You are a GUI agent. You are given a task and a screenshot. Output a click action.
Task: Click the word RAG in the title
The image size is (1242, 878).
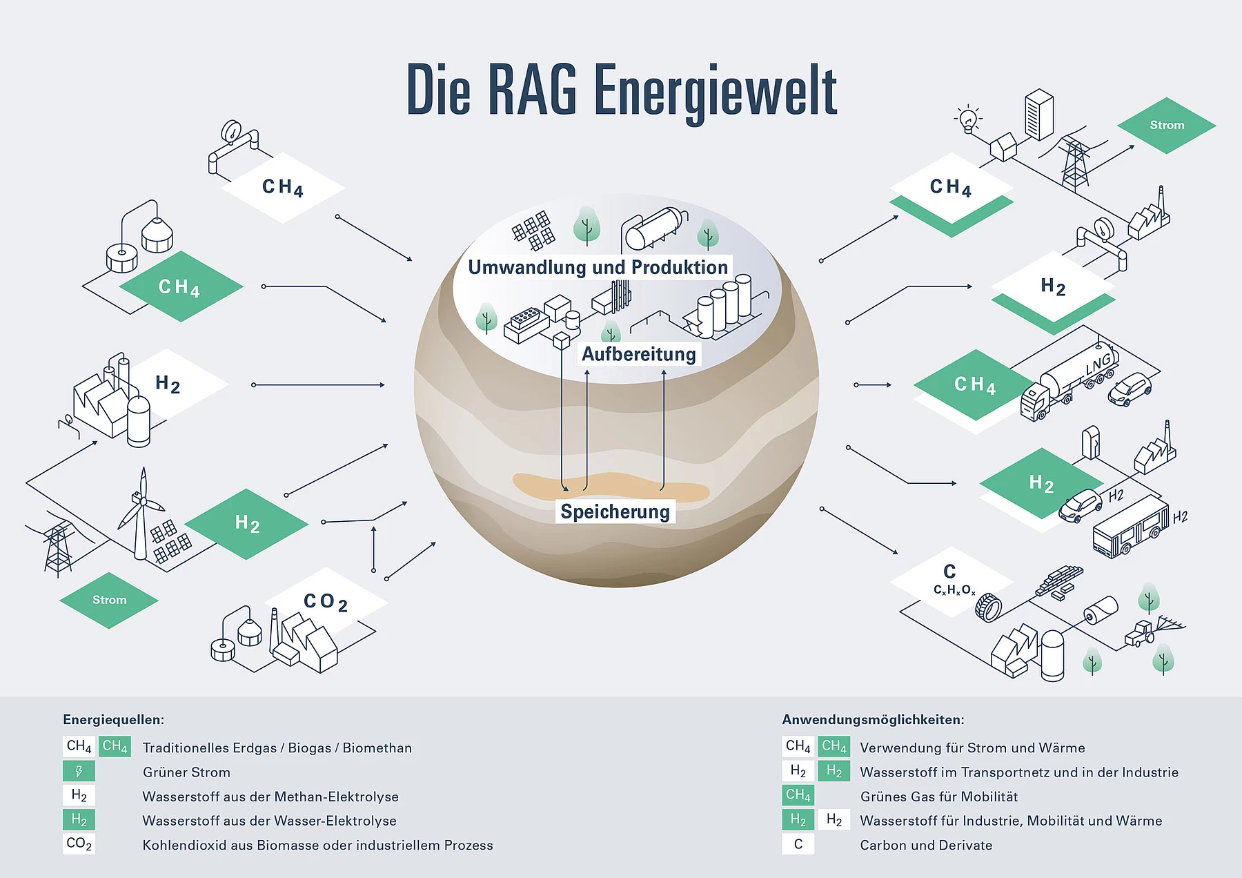[x=532, y=90]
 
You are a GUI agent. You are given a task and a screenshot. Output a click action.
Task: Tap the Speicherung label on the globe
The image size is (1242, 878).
[x=615, y=511]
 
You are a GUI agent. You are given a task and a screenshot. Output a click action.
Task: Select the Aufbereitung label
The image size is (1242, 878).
[x=639, y=354]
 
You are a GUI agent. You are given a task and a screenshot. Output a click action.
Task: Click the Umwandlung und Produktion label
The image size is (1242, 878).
[x=598, y=267]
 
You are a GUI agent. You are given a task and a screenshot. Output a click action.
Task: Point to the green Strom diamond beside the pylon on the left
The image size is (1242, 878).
[x=109, y=600]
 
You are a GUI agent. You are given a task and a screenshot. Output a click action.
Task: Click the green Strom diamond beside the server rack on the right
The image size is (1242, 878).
[x=1167, y=125]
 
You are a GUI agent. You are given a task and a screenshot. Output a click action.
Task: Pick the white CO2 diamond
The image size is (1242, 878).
[x=326, y=602]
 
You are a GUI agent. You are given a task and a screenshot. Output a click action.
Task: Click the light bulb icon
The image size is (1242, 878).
[x=969, y=119]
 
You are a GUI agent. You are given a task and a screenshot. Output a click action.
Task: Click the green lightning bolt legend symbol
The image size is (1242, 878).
[x=79, y=771]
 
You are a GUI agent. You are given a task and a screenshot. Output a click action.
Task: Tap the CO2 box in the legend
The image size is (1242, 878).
[x=79, y=843]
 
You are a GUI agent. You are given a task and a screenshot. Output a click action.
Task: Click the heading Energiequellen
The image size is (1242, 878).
[x=113, y=720]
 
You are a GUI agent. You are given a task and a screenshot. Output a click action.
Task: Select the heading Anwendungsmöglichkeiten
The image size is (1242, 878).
[x=873, y=720]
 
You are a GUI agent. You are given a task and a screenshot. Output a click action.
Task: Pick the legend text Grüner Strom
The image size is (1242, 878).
[x=186, y=772]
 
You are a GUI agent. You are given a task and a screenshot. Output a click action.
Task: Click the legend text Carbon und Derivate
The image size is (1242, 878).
[x=926, y=845]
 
